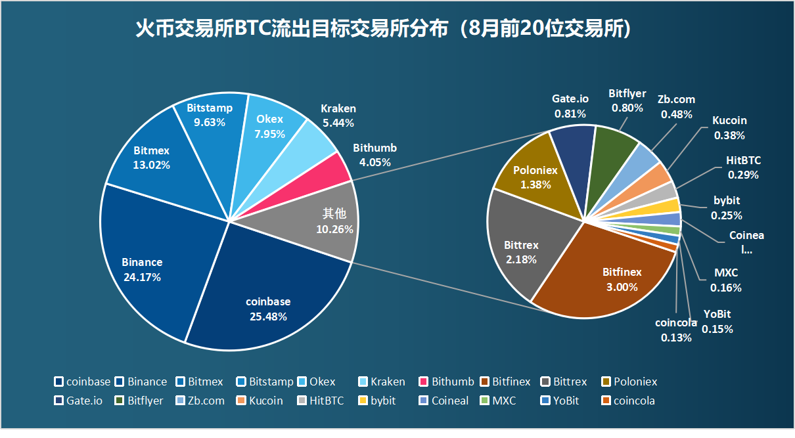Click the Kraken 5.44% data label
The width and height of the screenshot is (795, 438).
click(x=338, y=116)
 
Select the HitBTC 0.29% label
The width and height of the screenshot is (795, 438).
click(x=743, y=167)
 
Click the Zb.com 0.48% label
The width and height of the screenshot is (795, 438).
click(x=676, y=106)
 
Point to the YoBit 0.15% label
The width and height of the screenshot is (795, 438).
click(x=717, y=322)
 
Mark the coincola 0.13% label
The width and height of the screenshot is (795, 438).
click(x=676, y=330)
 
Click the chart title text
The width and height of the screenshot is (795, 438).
click(x=383, y=30)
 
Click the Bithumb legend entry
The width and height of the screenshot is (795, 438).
click(x=447, y=382)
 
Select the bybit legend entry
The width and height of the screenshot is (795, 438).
click(x=378, y=401)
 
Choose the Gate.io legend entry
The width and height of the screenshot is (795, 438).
click(x=79, y=401)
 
